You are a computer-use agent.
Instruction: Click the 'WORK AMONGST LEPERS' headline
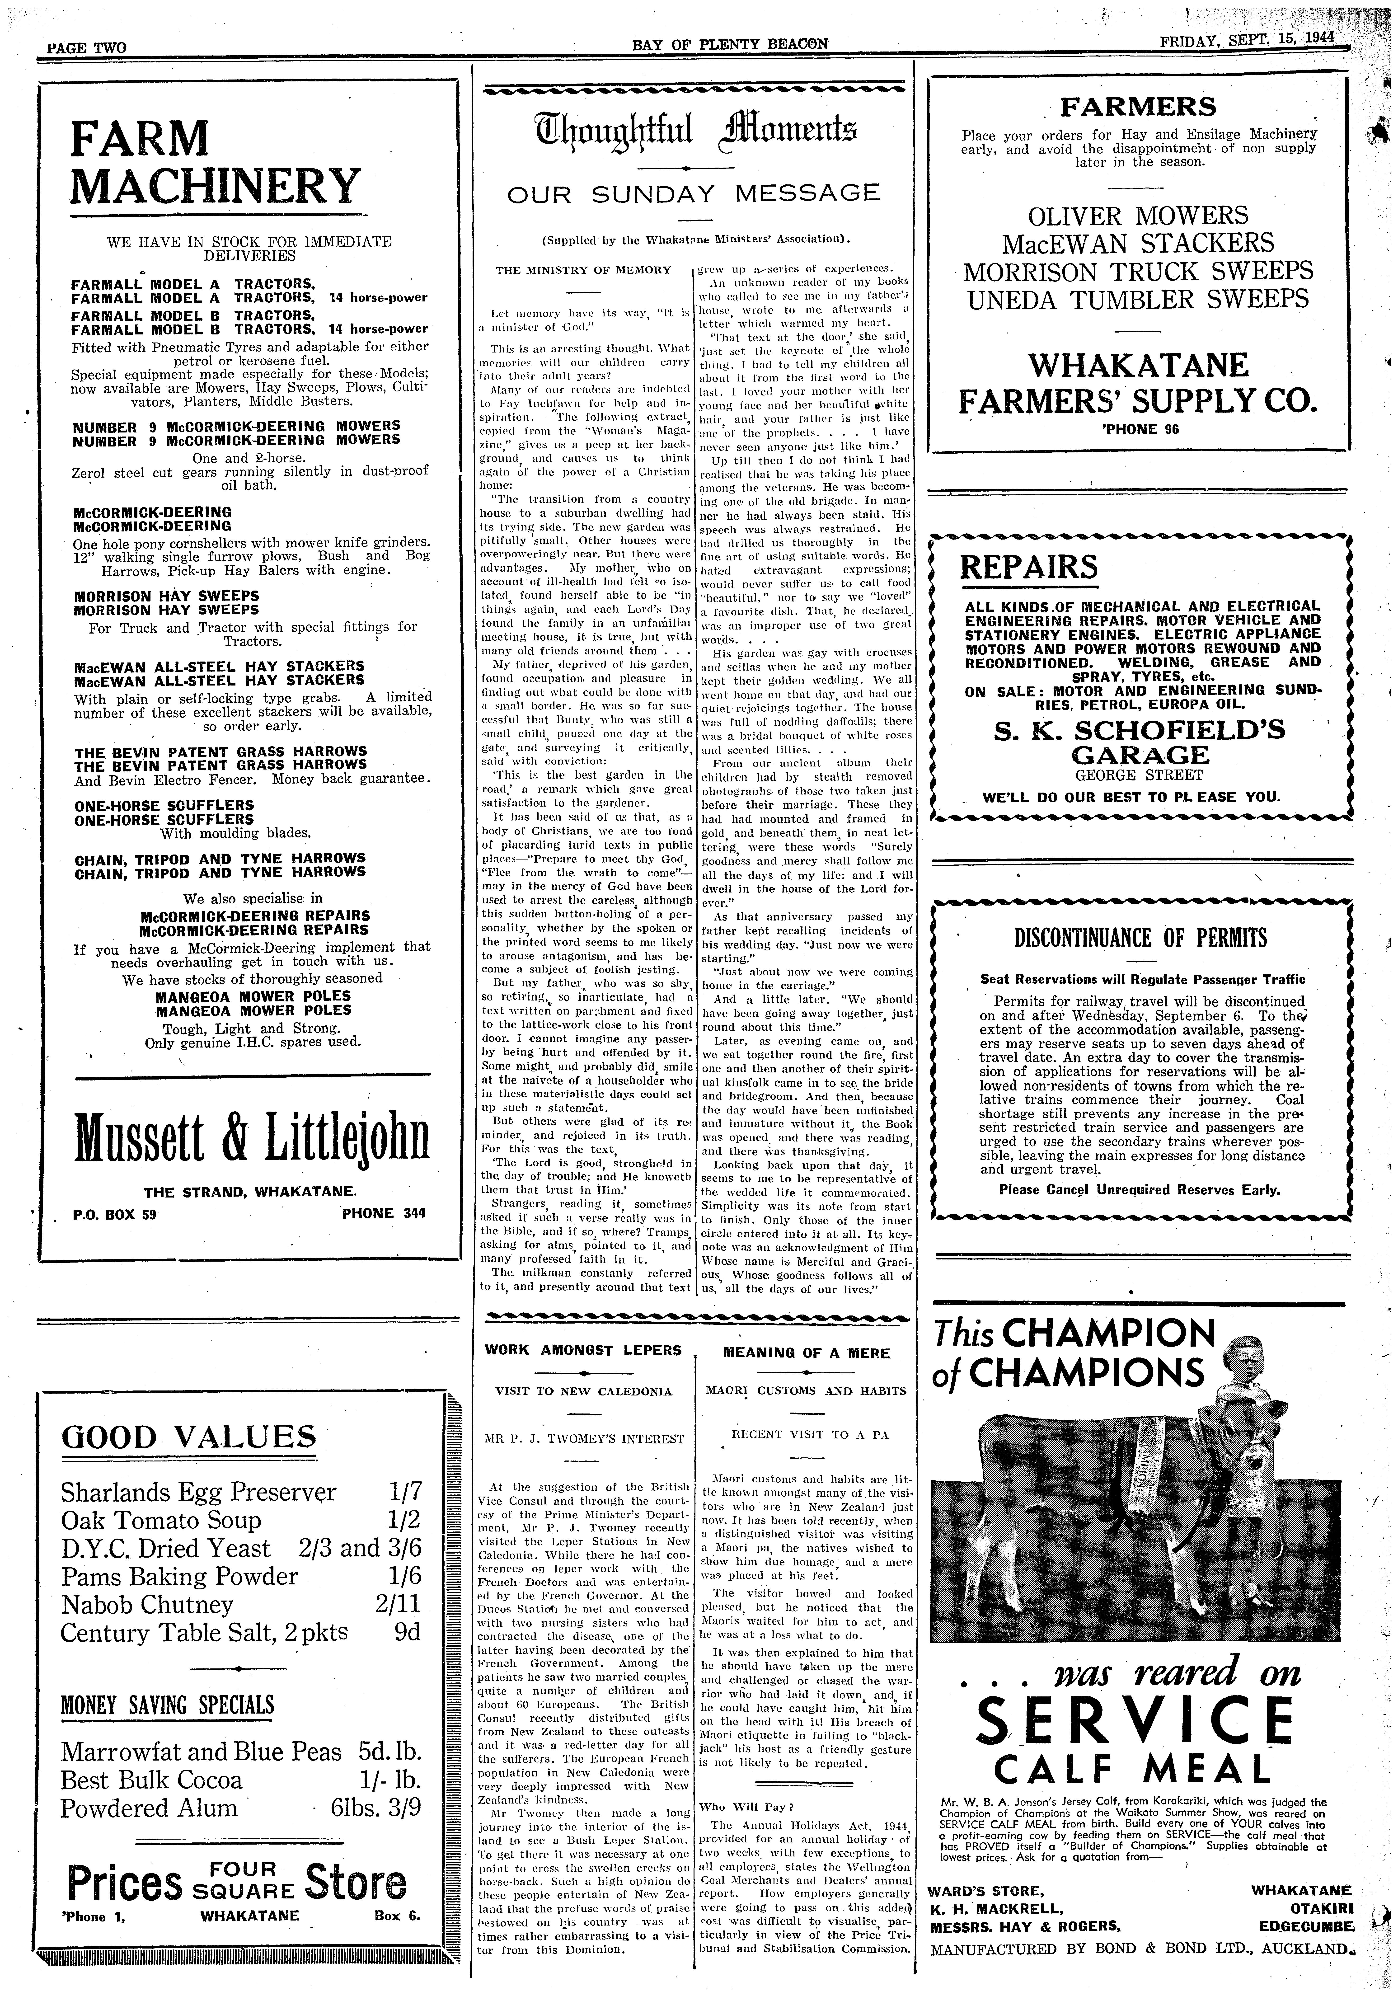tap(582, 1350)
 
